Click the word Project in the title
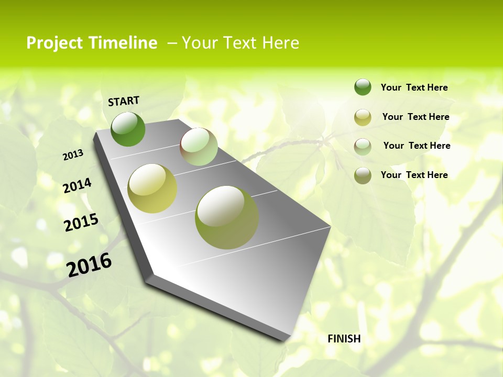[x=54, y=43]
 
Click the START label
[x=124, y=101]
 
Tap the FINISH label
[x=344, y=339]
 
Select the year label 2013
[x=73, y=155]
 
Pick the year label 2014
[x=77, y=186]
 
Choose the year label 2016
[x=89, y=265]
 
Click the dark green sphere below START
[x=128, y=129]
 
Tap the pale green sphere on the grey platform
[x=199, y=147]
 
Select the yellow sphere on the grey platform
[x=152, y=188]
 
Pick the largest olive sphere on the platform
[x=227, y=217]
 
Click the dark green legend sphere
[x=363, y=87]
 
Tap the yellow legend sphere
[x=363, y=117]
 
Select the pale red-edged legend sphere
[x=363, y=147]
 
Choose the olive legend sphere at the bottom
[x=363, y=175]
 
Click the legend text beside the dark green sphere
[x=414, y=87]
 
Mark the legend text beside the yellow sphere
[x=416, y=117]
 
